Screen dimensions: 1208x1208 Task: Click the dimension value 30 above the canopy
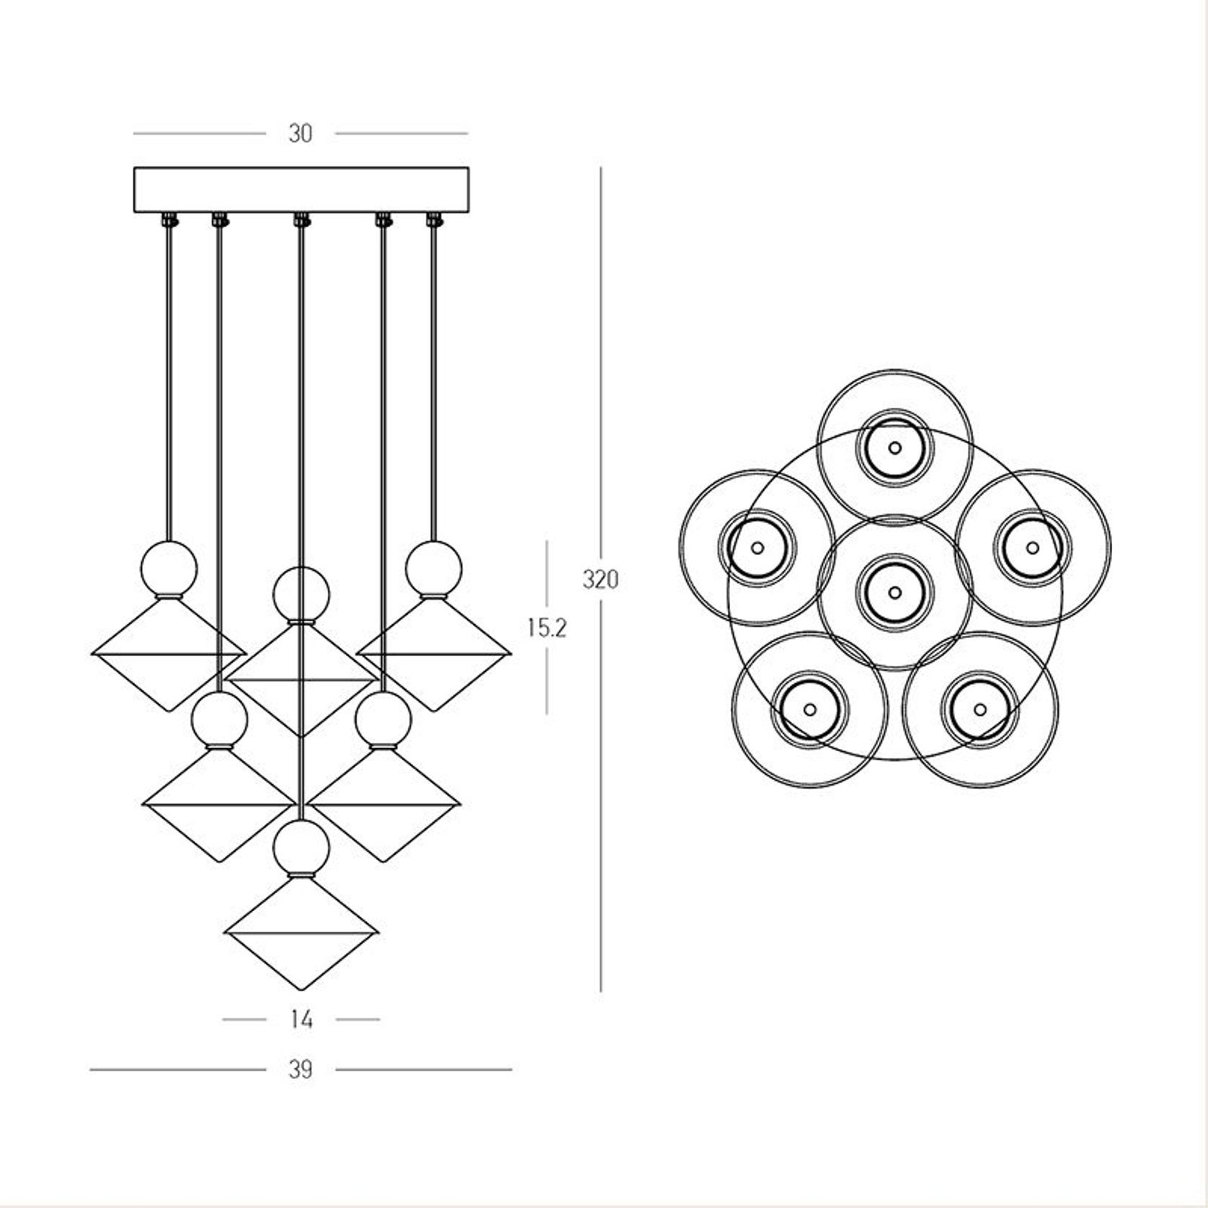coord(301,134)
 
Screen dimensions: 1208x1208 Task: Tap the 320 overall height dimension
coord(600,579)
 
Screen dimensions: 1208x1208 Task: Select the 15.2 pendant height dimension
coord(547,629)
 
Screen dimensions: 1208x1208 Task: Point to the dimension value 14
coord(301,1020)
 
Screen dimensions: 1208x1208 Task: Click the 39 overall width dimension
coord(301,1070)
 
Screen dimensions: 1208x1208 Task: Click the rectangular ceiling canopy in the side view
coord(301,189)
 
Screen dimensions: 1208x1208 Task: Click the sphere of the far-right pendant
coord(433,569)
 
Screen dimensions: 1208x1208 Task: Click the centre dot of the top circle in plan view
coord(894,448)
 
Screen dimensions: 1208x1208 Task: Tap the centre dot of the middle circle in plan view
coord(894,592)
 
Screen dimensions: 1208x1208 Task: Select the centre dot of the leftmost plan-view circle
coord(757,547)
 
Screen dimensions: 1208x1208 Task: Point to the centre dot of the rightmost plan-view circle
coord(1032,547)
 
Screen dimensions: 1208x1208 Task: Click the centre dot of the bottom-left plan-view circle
coord(809,709)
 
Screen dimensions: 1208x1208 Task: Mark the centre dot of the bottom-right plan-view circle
coord(980,709)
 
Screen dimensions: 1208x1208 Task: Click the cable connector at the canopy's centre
coord(301,218)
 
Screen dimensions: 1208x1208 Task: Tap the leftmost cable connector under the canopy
coord(169,218)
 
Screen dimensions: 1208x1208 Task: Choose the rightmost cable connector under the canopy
coord(433,218)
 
